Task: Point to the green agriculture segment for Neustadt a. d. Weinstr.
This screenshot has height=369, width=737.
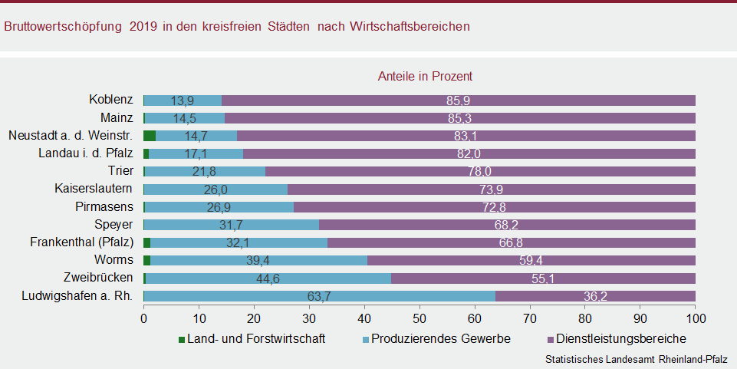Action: tap(150, 136)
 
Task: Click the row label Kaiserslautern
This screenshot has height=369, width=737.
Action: tap(94, 189)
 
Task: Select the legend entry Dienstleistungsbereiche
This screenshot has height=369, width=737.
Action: tap(616, 338)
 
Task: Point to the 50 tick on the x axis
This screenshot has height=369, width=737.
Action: tap(419, 317)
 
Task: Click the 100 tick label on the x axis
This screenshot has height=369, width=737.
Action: tap(695, 317)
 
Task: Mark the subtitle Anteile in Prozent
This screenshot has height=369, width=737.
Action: tap(425, 76)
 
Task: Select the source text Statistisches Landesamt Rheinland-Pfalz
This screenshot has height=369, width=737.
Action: tap(636, 359)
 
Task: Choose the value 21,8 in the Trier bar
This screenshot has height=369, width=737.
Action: tap(204, 172)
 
